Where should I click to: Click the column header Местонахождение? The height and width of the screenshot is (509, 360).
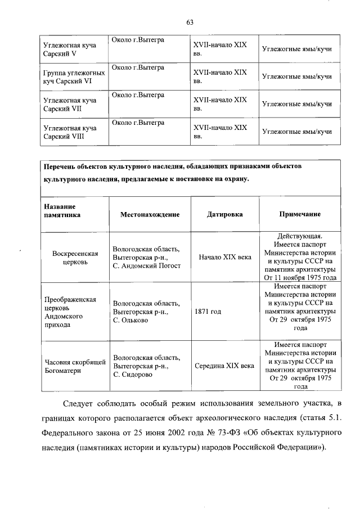[150, 214]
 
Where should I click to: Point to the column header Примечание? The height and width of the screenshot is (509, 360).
[300, 214]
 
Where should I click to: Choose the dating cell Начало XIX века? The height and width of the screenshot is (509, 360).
[224, 257]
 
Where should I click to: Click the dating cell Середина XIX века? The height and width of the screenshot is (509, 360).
[224, 365]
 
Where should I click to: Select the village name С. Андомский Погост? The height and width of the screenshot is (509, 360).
[146, 265]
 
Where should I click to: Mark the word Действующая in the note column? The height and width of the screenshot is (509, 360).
[300, 236]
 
